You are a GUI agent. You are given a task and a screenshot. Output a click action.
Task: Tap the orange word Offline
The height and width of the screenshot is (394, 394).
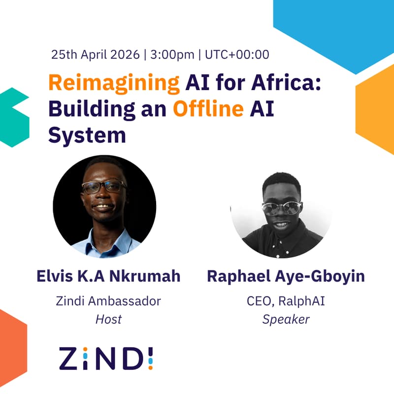(208, 109)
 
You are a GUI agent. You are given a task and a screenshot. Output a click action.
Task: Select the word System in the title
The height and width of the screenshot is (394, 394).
(87, 134)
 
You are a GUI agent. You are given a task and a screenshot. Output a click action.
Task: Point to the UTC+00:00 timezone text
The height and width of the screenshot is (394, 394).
(236, 54)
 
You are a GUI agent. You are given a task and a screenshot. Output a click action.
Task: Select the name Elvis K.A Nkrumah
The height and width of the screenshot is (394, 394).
(108, 276)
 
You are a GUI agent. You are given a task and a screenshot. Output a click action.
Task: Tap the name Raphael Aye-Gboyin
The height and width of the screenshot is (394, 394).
(286, 276)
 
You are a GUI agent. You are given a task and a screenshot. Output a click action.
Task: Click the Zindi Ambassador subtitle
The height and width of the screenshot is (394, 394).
(108, 300)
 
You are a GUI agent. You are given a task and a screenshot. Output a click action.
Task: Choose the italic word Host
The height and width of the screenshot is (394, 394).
(108, 319)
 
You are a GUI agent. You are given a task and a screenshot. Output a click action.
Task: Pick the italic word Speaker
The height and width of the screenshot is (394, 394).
(286, 319)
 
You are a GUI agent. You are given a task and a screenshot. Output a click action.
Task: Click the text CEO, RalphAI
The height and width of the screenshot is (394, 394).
(286, 300)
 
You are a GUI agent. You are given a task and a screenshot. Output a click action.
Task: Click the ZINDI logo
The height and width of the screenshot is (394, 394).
(106, 358)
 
